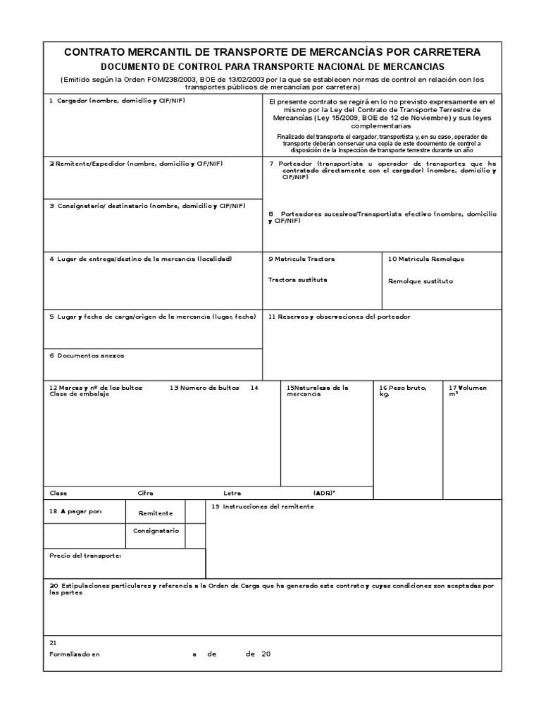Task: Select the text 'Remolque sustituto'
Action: click(421, 281)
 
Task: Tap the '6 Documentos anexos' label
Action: click(87, 355)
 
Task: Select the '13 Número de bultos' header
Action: click(204, 388)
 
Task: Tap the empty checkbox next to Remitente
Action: click(195, 513)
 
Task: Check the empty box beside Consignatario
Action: click(195, 535)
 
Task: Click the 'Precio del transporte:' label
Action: click(85, 556)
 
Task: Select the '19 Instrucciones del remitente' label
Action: click(262, 507)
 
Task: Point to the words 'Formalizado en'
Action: click(75, 654)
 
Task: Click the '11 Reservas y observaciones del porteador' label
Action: click(339, 317)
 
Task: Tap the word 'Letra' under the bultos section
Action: click(232, 493)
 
